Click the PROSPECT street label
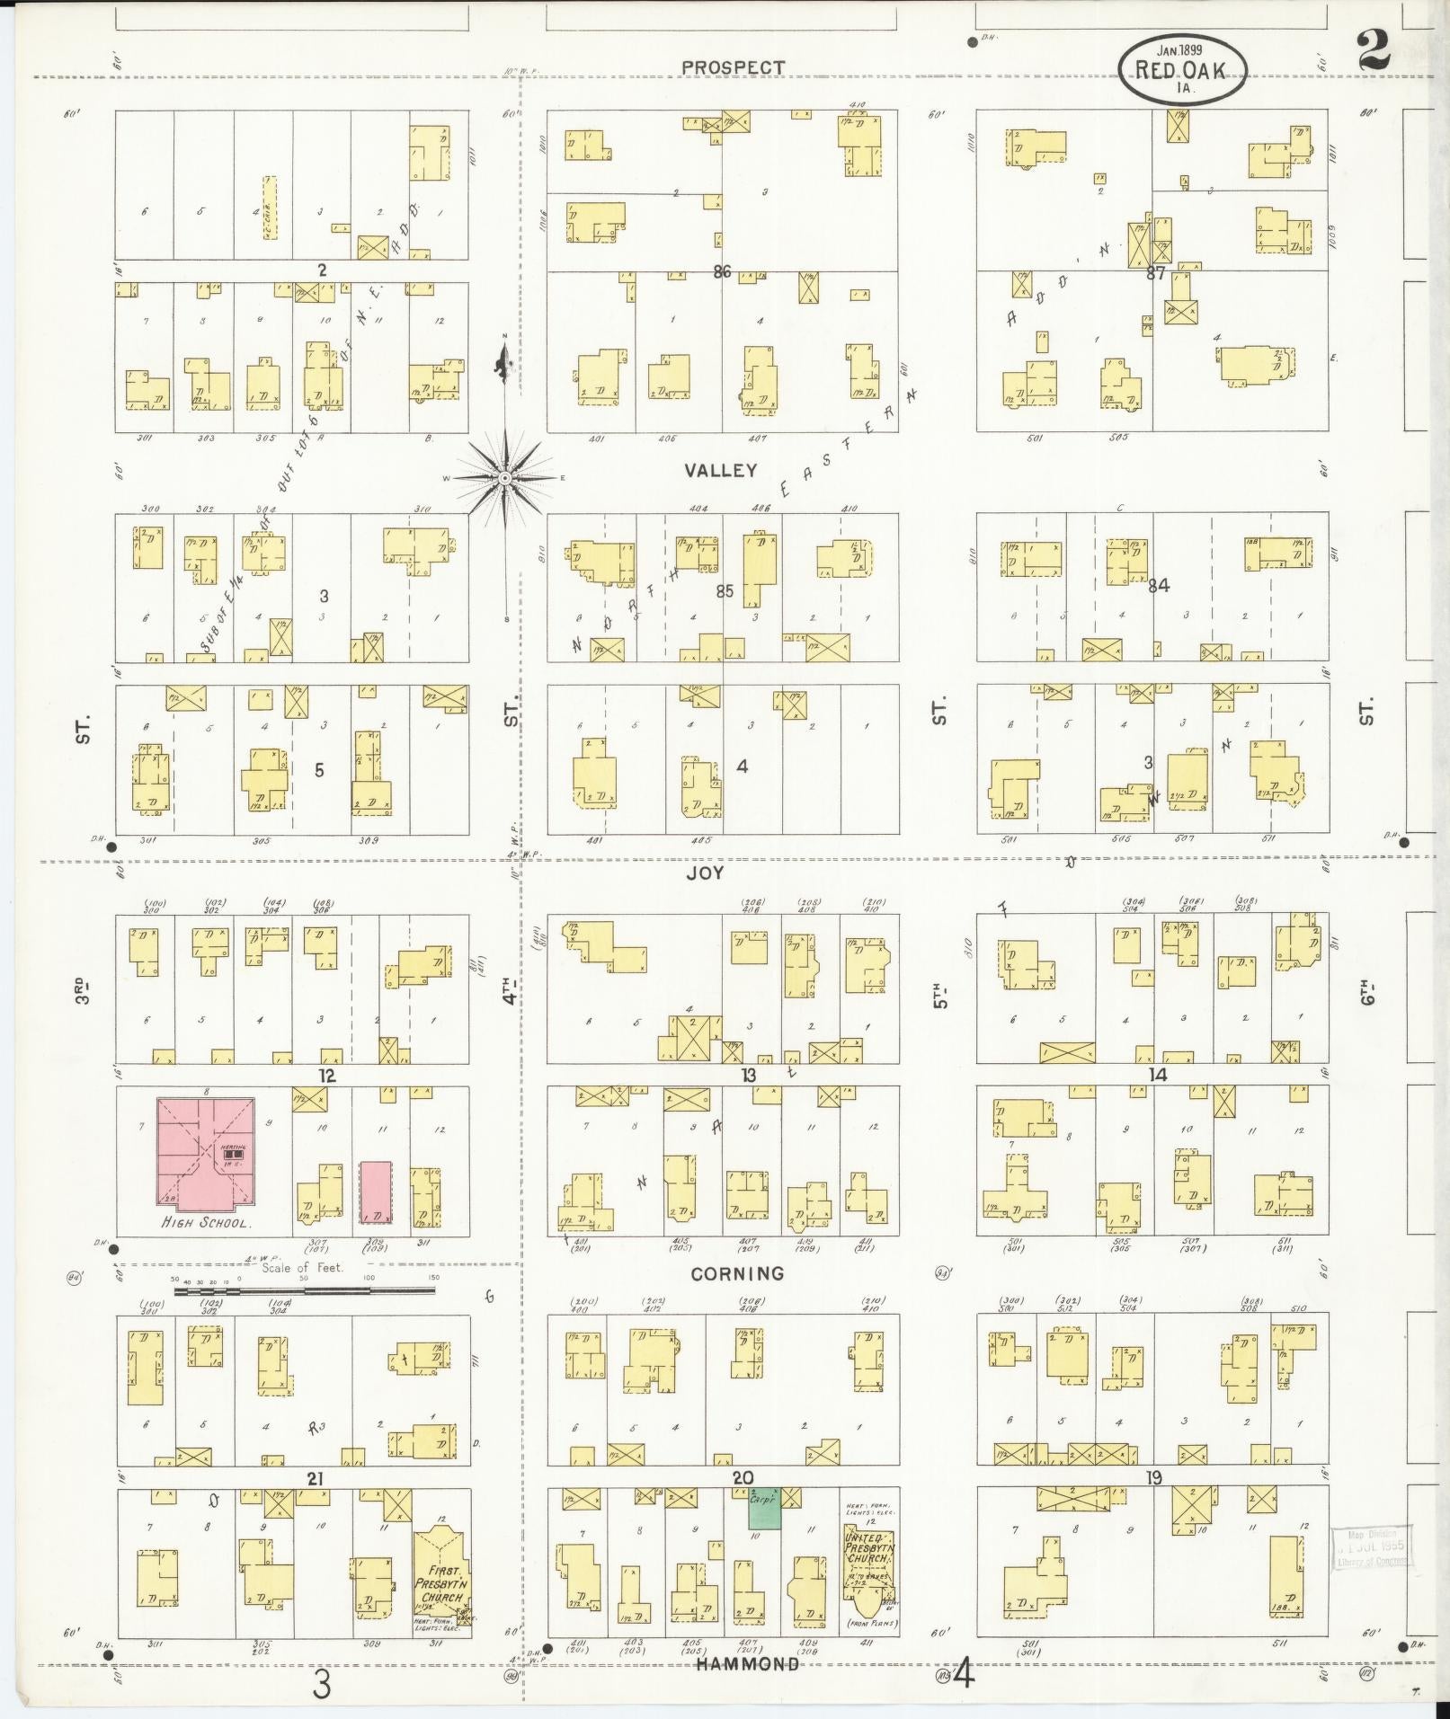pyautogui.click(x=733, y=67)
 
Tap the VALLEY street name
pyautogui.click(x=720, y=470)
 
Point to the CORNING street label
pyautogui.click(x=738, y=1273)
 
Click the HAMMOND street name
pyautogui.click(x=748, y=1664)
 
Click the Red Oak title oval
pyautogui.click(x=1182, y=71)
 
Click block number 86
pyautogui.click(x=722, y=270)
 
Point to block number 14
pyautogui.click(x=1158, y=1075)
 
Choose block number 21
pyautogui.click(x=315, y=1479)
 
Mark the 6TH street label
pyautogui.click(x=1367, y=997)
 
